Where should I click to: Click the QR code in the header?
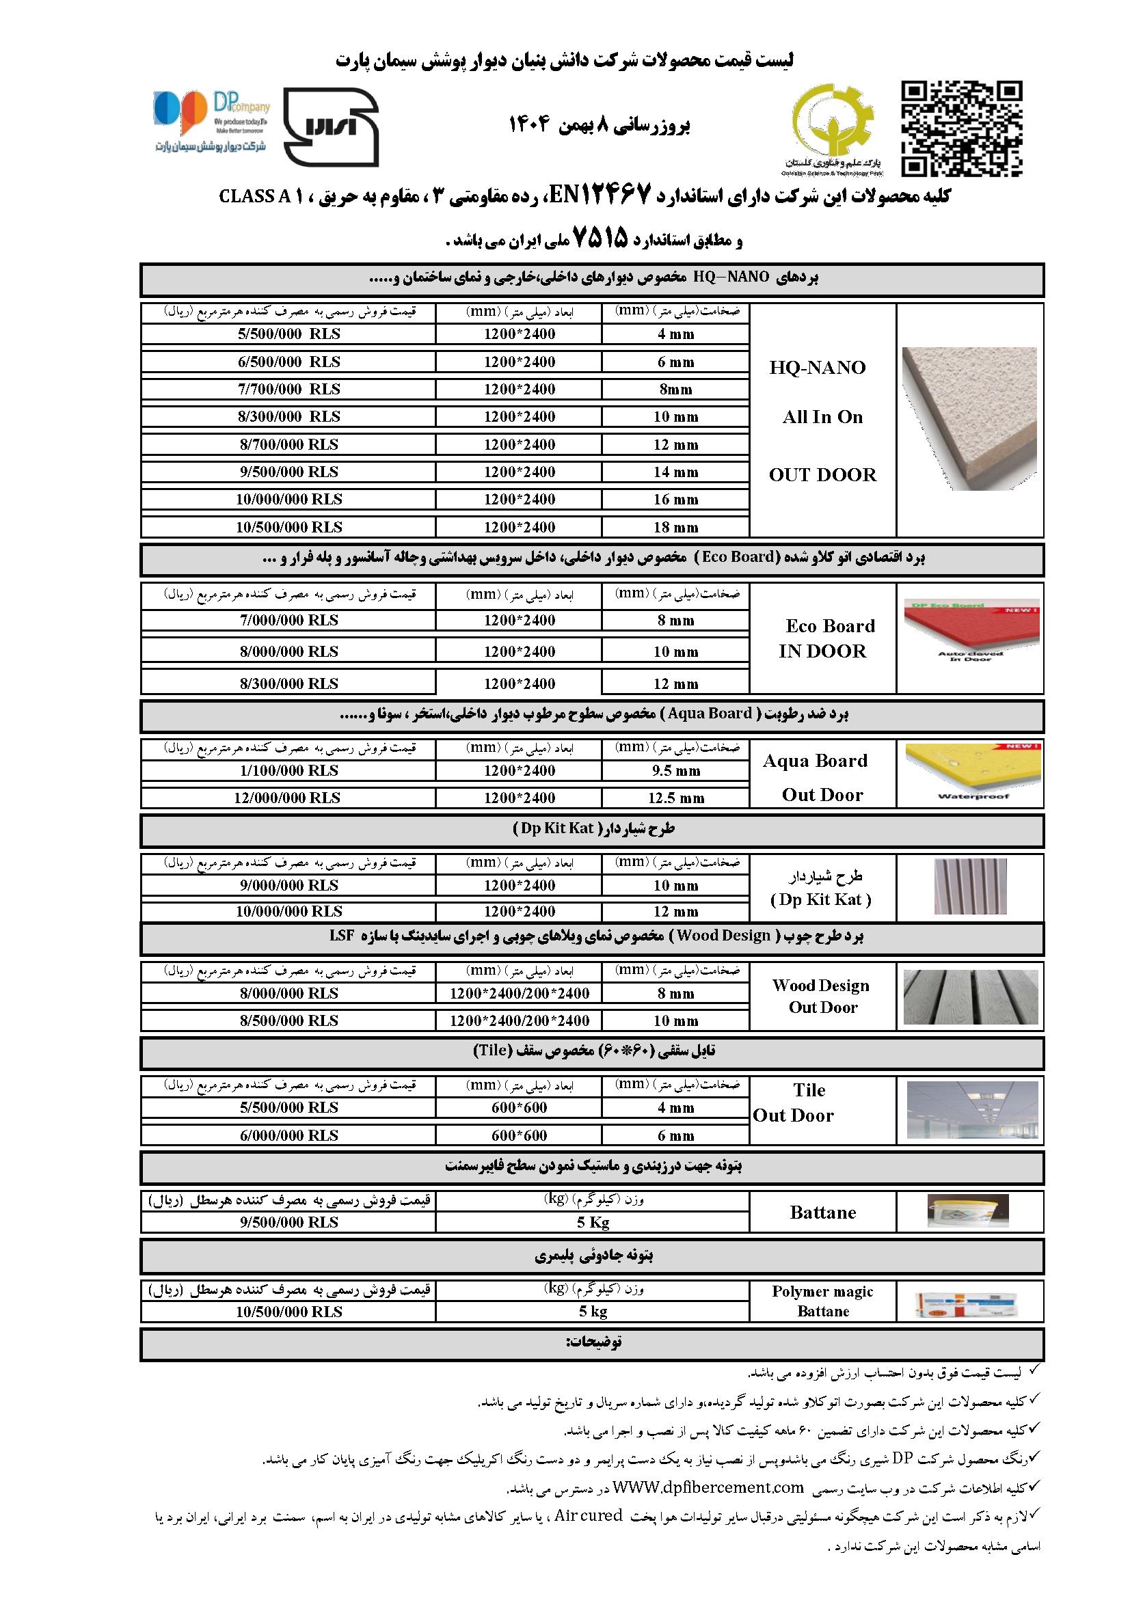tap(962, 128)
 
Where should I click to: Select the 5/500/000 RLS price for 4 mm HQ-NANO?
tap(289, 334)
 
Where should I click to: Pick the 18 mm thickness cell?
tap(675, 528)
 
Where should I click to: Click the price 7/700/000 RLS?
tap(289, 389)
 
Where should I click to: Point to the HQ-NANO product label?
tap(818, 368)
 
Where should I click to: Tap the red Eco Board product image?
tap(971, 632)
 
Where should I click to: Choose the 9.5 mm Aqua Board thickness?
tap(675, 770)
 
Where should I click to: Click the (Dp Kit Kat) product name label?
tap(822, 899)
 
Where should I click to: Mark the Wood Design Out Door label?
tap(822, 996)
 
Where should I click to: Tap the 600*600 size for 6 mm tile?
tap(520, 1135)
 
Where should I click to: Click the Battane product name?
tap(822, 1213)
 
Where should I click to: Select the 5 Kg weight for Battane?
tap(593, 1222)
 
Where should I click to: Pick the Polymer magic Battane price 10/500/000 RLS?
tap(289, 1312)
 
